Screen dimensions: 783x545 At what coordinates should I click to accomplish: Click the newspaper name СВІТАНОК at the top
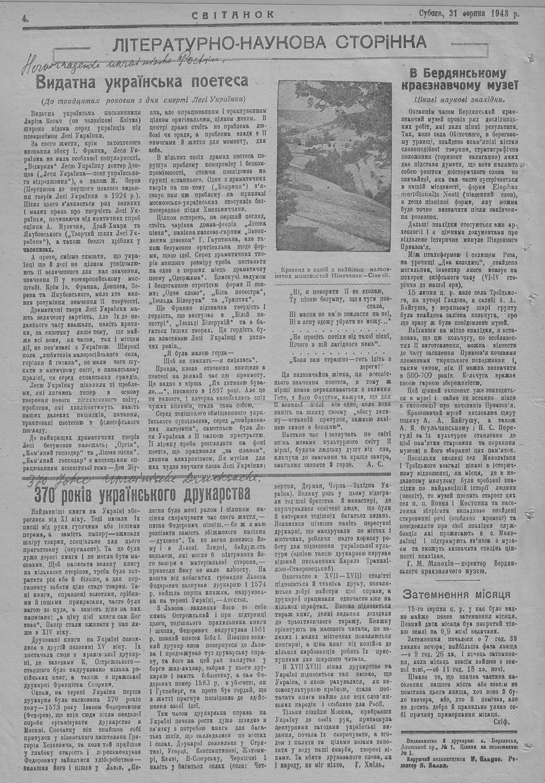(233, 15)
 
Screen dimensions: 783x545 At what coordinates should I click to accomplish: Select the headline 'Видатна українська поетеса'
(142, 82)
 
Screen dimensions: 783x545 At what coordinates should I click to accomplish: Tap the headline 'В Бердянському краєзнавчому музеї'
(461, 79)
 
